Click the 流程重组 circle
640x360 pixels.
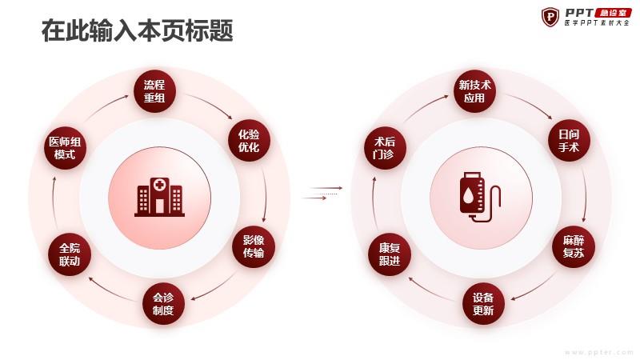click(x=154, y=91)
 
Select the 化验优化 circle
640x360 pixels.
click(x=249, y=141)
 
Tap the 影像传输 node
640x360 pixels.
click(x=254, y=246)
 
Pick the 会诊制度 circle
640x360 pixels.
click(x=163, y=304)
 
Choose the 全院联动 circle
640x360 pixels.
click(x=70, y=254)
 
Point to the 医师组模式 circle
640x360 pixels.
click(x=65, y=148)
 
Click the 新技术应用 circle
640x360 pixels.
click(x=474, y=91)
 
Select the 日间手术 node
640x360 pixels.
click(x=569, y=141)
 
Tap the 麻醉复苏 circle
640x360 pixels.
click(x=574, y=246)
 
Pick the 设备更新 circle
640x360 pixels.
click(x=483, y=304)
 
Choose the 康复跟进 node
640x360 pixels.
click(x=390, y=254)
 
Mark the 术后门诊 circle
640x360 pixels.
click(x=385, y=148)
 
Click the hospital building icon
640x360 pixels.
click(x=159, y=197)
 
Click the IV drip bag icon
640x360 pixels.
click(x=479, y=197)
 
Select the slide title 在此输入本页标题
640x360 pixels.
click(x=138, y=31)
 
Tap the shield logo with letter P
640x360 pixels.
click(x=550, y=17)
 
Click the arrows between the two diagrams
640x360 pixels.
click(x=322, y=193)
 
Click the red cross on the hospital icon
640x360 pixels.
click(x=159, y=185)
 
